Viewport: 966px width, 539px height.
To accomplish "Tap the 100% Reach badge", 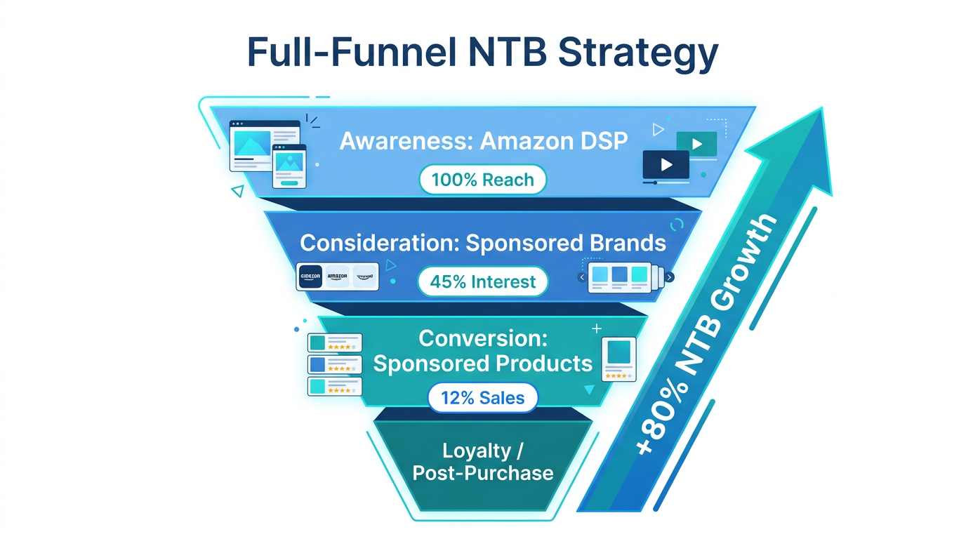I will pos(482,180).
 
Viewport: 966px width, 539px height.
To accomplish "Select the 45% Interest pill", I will pos(482,281).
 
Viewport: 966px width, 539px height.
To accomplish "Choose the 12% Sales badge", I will pos(482,398).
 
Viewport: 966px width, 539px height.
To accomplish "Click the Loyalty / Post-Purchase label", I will pos(482,462).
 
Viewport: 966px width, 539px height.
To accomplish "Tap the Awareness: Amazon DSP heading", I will pos(483,141).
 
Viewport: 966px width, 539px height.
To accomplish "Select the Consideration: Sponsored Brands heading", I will pos(482,243).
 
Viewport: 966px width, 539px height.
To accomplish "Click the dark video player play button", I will pos(666,165).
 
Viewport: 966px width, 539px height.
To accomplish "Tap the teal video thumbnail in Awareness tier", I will pos(696,144).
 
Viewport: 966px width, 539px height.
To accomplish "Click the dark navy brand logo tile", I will pos(310,277).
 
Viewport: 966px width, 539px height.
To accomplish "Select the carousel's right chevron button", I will pos(670,277).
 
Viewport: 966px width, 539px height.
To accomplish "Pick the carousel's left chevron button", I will pos(582,277).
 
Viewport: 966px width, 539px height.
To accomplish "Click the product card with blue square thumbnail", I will pos(335,365).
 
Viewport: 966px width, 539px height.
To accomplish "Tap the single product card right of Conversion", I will pos(618,359).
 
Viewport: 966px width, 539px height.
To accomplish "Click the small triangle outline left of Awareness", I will pos(238,190).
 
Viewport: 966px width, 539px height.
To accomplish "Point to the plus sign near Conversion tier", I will pos(597,328).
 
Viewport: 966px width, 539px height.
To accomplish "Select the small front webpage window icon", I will pos(289,166).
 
